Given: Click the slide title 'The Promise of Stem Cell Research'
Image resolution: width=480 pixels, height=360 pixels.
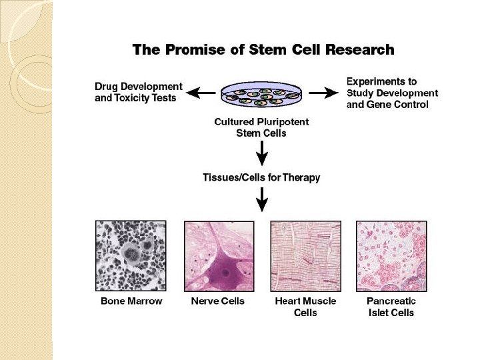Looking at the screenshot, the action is click(x=263, y=49).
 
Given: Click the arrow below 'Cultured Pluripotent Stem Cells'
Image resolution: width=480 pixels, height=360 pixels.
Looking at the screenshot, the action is click(x=262, y=155).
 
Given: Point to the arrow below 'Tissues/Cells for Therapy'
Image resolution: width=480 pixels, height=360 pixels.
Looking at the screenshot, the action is click(x=262, y=199).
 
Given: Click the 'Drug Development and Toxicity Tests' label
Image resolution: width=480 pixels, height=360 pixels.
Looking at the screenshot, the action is click(x=138, y=92).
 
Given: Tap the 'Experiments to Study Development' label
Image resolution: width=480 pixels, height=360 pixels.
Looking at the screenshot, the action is click(x=392, y=93).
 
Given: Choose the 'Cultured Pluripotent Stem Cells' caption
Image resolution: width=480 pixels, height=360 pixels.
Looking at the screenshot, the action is click(x=261, y=127).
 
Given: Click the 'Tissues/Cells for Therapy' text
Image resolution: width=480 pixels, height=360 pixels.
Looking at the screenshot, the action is click(x=261, y=177).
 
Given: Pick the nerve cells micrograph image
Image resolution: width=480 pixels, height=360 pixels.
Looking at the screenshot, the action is click(x=219, y=255).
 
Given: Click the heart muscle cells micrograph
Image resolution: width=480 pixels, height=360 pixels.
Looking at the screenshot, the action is click(x=305, y=255).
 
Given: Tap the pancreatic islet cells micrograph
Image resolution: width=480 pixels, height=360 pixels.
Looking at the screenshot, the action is click(x=391, y=255).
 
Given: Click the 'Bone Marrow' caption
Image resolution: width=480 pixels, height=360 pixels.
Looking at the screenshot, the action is click(x=131, y=301).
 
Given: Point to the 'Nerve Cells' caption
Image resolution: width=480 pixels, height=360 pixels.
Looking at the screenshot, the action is click(x=219, y=301).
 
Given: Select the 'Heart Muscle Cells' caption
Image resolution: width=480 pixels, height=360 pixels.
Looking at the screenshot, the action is click(x=305, y=307).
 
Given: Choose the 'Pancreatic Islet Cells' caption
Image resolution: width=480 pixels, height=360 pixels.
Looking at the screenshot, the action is click(x=391, y=307).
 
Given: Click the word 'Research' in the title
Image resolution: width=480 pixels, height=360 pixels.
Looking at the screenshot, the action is click(x=360, y=49).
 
